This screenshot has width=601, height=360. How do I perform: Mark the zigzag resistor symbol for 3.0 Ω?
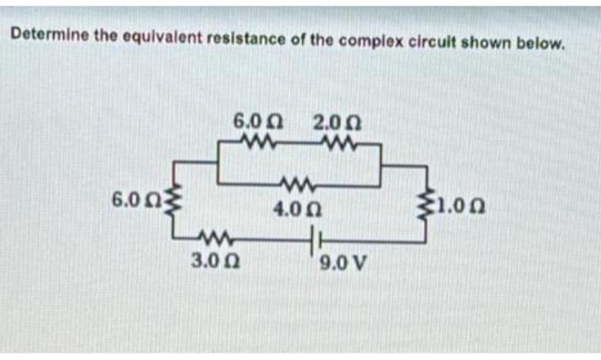coord(211,235)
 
